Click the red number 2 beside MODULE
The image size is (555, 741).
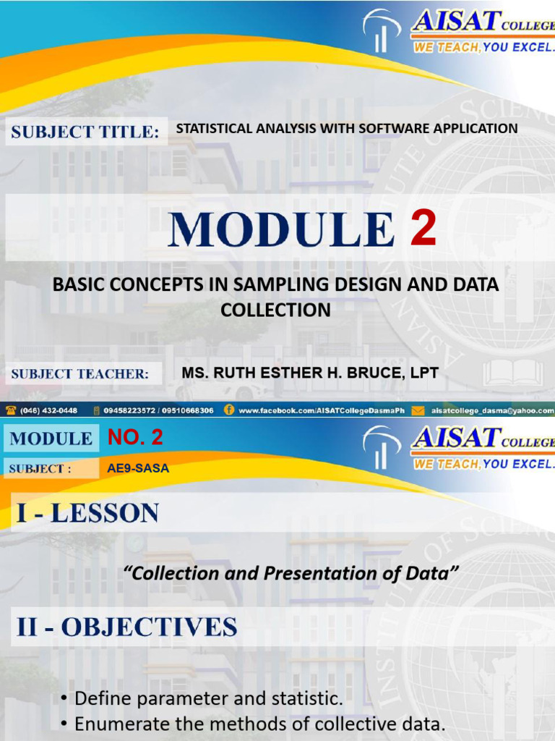423,229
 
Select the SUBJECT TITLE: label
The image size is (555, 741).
85,132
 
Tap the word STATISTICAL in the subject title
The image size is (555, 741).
212,128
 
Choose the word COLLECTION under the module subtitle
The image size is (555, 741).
275,310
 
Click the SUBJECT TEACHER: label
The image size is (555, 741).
79,374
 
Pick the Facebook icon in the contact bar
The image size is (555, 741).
229,410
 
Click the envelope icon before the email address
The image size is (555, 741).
418,410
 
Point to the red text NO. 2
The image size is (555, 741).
135,437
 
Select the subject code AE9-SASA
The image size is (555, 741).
138,468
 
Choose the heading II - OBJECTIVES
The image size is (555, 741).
127,627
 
